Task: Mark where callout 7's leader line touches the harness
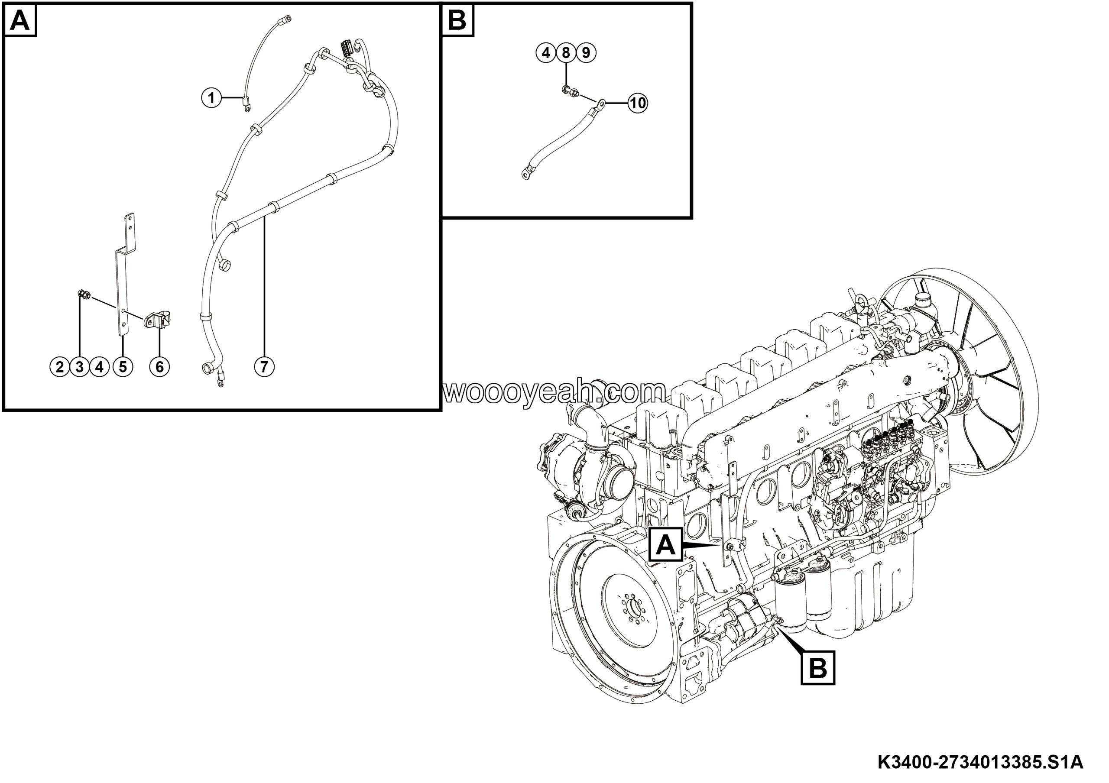[x=265, y=218]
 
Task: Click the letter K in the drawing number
[x=885, y=762]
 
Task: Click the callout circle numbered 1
[x=211, y=98]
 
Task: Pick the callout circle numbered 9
[x=586, y=52]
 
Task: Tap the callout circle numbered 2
[x=60, y=367]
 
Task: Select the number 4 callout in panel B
[x=546, y=52]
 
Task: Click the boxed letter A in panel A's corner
[x=20, y=20]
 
